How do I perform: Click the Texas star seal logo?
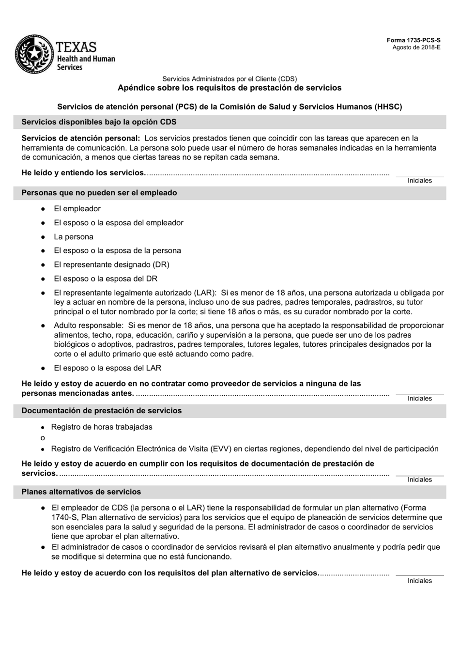click(33, 54)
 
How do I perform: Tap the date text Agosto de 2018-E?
click(416, 47)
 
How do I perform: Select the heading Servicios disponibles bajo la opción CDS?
click(99, 122)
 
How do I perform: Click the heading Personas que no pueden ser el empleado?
click(99, 193)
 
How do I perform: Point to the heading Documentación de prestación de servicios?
click(101, 411)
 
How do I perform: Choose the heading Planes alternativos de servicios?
click(81, 492)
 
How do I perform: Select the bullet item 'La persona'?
click(74, 237)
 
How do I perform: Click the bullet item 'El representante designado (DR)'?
click(111, 265)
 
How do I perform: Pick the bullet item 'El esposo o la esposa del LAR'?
click(107, 368)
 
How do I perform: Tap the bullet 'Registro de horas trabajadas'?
click(102, 427)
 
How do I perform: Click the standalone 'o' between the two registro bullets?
click(43, 438)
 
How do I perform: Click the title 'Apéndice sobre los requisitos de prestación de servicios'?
click(230, 88)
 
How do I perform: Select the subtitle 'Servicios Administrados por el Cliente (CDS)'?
click(230, 78)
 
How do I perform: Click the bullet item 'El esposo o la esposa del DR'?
click(106, 279)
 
